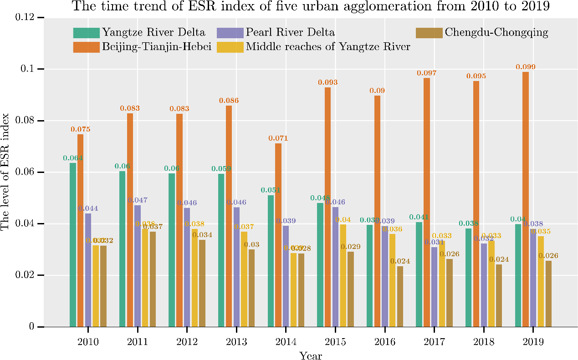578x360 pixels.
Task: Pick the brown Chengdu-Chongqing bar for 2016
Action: (x=400, y=296)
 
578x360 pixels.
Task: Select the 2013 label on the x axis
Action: (x=236, y=342)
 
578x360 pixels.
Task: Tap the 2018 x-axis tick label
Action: (x=483, y=342)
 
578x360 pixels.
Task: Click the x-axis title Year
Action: (x=311, y=355)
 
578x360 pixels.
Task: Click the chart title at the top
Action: (x=311, y=6)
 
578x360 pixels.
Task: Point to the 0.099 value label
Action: (x=526, y=67)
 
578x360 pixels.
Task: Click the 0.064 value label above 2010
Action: (x=72, y=158)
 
